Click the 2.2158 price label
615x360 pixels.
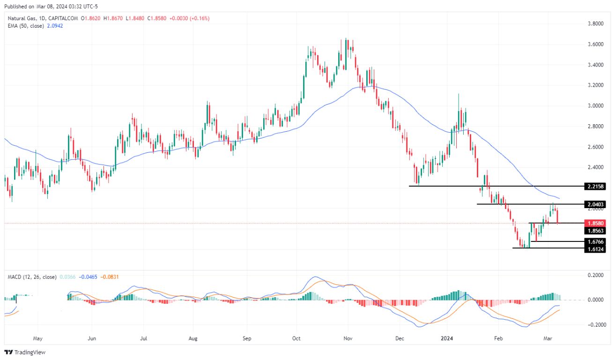point(595,186)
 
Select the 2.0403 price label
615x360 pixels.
point(595,204)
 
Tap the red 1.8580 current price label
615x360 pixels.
point(595,224)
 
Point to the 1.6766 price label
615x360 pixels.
point(595,241)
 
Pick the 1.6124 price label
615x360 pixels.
point(595,249)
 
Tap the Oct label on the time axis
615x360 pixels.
point(296,337)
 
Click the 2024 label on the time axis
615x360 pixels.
point(449,337)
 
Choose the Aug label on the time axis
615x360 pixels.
point(193,337)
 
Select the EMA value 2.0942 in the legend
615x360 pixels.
point(54,26)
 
